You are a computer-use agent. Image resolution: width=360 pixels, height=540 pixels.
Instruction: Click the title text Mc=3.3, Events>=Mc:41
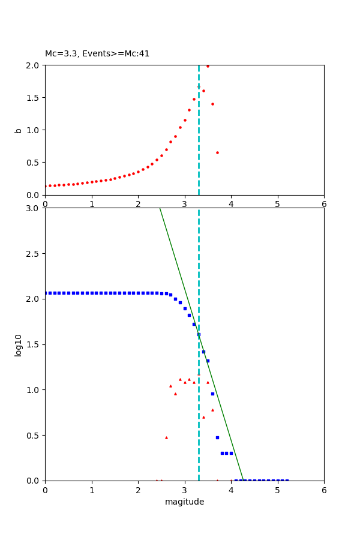coord(97,54)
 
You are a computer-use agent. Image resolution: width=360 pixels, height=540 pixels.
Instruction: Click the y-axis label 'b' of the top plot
coord(19,130)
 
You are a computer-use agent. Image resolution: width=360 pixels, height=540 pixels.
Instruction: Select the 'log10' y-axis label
coord(19,345)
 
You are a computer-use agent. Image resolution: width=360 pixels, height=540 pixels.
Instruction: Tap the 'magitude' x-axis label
coord(184,502)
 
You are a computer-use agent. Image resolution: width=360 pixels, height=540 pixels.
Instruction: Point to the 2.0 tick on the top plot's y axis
coord(32,65)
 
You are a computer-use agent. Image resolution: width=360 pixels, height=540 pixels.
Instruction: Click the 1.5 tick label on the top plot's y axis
coord(32,98)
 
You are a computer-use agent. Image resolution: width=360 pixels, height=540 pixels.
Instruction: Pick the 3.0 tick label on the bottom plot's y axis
coord(32,208)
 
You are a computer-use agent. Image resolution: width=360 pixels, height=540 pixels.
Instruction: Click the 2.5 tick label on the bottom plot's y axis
coord(32,254)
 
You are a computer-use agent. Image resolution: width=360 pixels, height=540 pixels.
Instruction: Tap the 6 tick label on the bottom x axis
coord(324,490)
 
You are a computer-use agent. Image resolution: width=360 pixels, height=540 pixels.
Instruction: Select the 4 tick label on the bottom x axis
coord(231,490)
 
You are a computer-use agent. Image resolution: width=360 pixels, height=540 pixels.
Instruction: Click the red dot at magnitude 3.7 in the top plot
coord(217,152)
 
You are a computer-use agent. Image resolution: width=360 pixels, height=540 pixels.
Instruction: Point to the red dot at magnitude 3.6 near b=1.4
coord(212,104)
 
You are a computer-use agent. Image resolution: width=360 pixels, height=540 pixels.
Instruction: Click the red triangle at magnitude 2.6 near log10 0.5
coord(166,437)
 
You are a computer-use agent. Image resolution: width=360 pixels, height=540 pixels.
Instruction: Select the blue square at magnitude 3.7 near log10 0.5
coord(217,437)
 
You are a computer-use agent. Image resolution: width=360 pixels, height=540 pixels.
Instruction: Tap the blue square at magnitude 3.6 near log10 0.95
coord(212,394)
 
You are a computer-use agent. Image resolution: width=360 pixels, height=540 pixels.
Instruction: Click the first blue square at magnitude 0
coord(46,293)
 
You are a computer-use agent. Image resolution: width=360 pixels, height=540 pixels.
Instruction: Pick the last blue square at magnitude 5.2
coord(287,480)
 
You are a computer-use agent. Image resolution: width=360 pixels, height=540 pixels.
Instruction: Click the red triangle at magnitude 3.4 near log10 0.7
coord(203,417)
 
